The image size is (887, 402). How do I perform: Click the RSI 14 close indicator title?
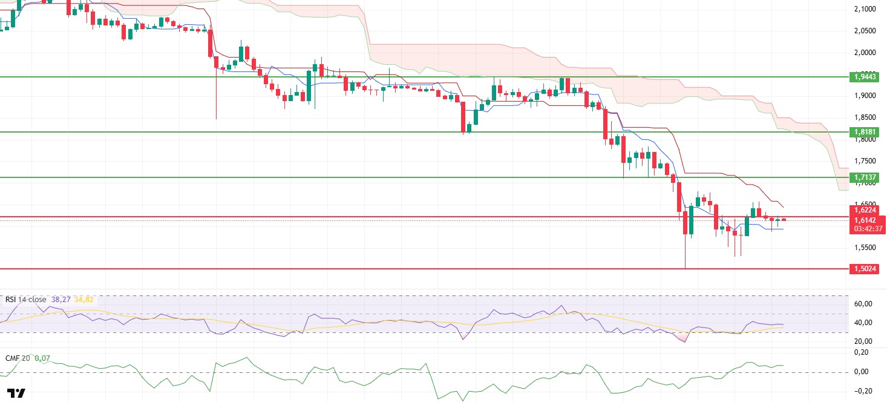(25, 299)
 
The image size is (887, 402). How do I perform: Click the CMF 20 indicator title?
(18, 358)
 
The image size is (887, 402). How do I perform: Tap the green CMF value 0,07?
(42, 358)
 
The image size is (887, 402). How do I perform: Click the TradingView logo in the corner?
(18, 393)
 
